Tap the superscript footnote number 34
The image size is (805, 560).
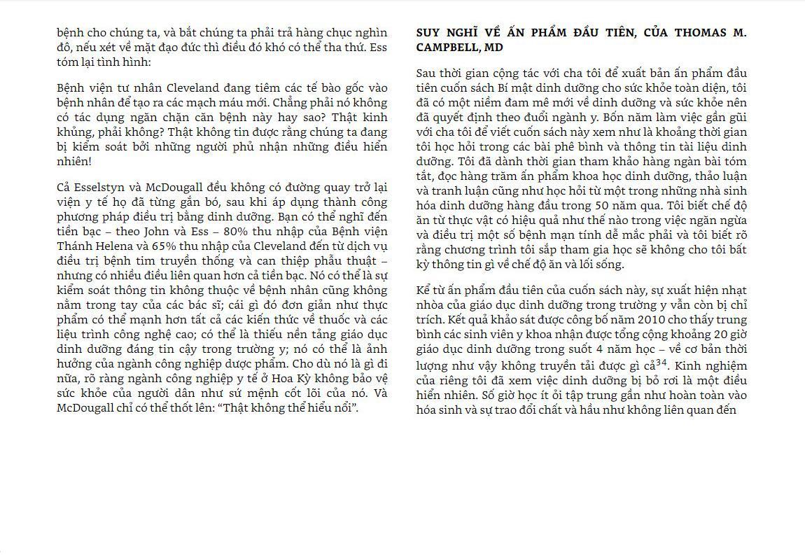click(x=661, y=362)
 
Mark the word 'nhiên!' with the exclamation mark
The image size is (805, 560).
click(x=73, y=162)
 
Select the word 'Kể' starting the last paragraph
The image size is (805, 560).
click(x=423, y=290)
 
